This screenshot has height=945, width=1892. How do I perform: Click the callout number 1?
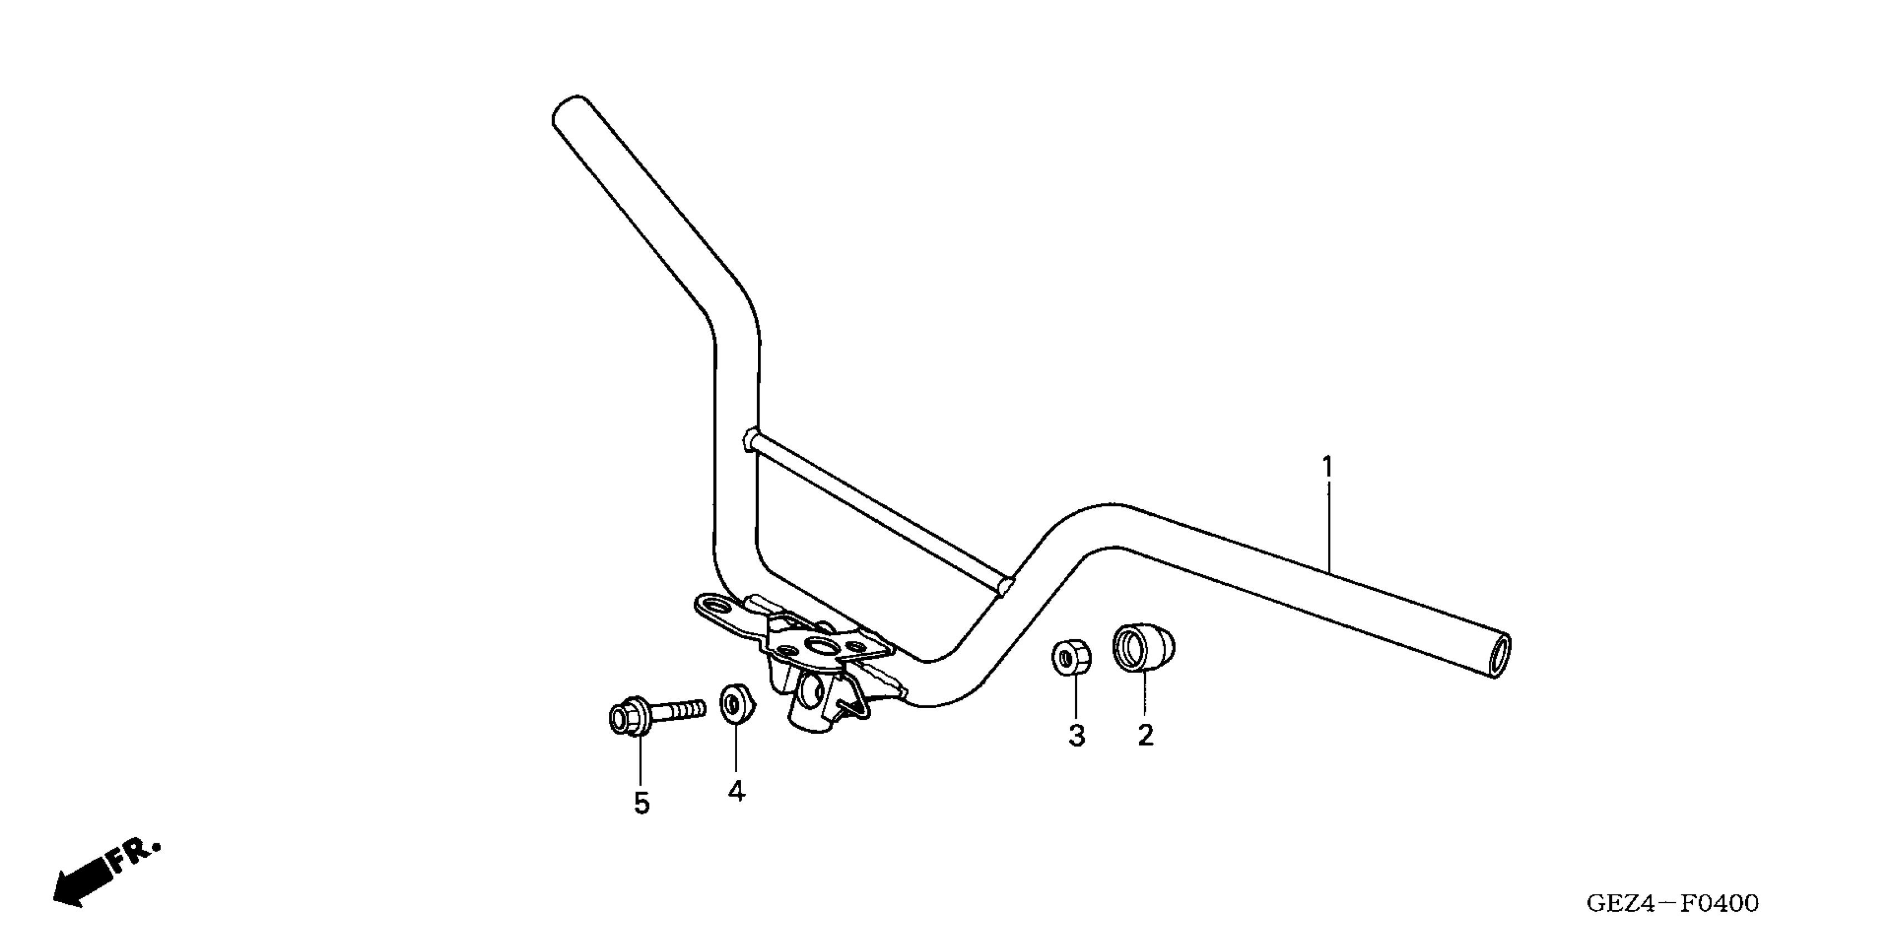click(1327, 466)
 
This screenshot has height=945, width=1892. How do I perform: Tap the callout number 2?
click(1145, 734)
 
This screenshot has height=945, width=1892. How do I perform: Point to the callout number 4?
click(736, 792)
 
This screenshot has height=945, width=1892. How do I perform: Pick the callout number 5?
click(641, 804)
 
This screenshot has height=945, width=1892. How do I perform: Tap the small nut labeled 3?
click(1070, 657)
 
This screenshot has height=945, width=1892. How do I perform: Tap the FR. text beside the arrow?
click(133, 856)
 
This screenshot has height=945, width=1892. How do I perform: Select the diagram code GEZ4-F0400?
click(1672, 902)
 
